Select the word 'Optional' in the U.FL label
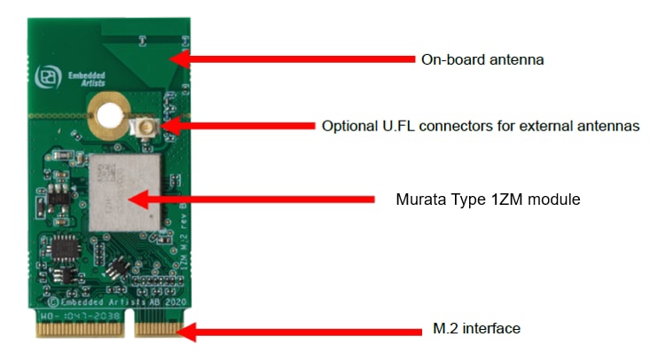tap(348, 126)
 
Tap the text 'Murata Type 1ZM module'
tap(488, 199)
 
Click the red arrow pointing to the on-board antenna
tap(293, 59)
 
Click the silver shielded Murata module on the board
tap(125, 192)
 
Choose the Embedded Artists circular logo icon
tap(45, 79)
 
